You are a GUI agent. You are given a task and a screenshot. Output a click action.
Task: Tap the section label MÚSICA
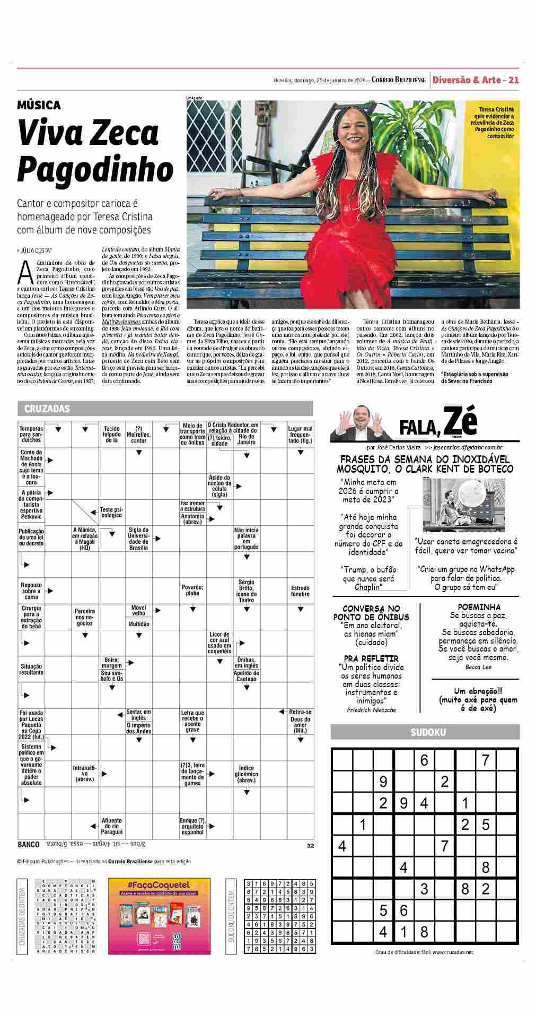[x=39, y=105]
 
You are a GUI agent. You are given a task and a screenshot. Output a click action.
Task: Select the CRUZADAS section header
[x=47, y=409]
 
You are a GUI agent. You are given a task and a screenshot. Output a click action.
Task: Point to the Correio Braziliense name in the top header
[x=398, y=80]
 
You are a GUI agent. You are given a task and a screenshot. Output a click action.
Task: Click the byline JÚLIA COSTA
[x=36, y=249]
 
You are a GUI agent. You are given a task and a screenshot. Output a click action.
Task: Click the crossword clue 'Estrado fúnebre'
[x=300, y=591]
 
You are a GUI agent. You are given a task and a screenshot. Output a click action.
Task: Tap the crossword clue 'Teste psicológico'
[x=111, y=512]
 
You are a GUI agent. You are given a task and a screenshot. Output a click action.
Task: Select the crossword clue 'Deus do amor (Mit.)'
[x=300, y=725]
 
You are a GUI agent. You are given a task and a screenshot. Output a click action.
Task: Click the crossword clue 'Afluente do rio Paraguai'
[x=112, y=826]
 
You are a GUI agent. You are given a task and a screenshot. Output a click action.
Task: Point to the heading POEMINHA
[x=479, y=606]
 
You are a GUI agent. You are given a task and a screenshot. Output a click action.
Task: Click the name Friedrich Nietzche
[x=371, y=710]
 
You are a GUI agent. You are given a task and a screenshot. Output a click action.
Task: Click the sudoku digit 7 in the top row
[x=485, y=760]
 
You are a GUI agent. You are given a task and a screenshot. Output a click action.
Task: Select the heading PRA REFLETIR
[x=371, y=658]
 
